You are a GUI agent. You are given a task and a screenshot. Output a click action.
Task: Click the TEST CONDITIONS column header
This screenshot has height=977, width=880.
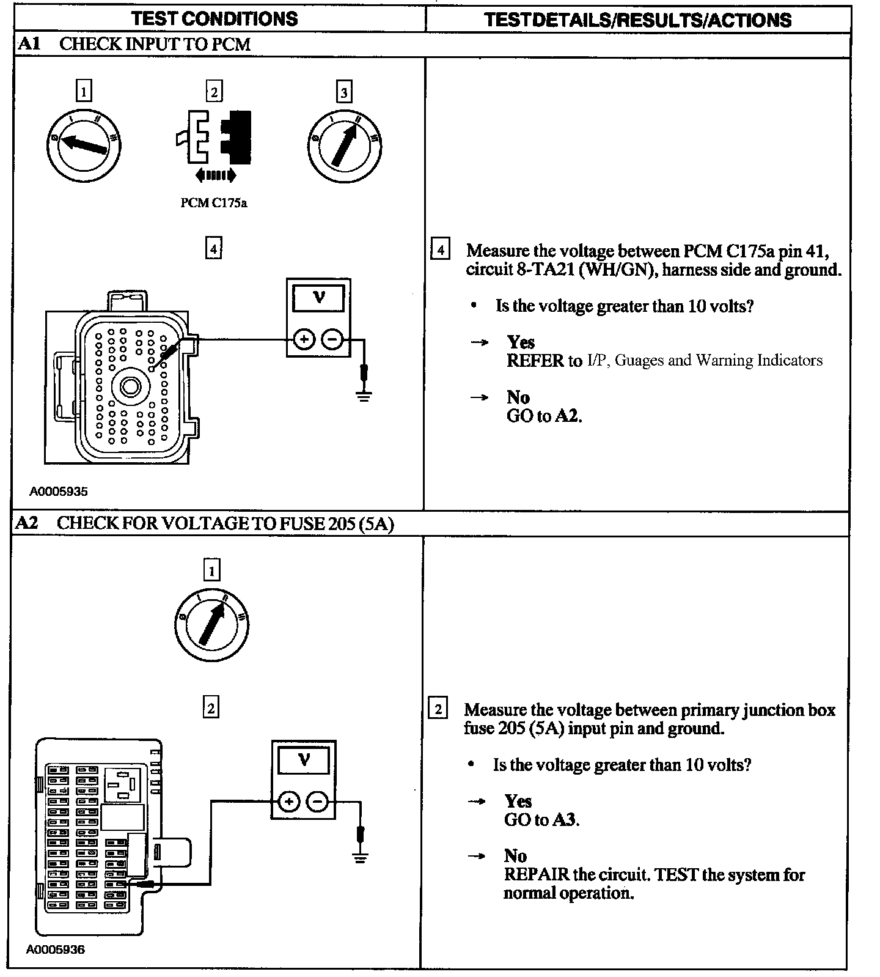(x=215, y=18)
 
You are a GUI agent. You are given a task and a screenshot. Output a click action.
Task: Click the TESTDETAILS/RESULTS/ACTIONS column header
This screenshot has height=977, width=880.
(x=637, y=20)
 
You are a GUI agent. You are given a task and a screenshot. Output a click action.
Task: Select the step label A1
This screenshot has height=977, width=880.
(x=29, y=44)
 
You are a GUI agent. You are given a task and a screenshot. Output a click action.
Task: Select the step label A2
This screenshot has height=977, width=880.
(x=27, y=523)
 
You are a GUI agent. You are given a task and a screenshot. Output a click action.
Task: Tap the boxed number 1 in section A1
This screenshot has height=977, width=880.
(x=83, y=92)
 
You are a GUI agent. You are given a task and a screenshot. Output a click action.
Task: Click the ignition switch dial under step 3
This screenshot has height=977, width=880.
(x=344, y=146)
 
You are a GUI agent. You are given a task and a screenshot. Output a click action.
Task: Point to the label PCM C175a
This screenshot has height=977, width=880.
(x=213, y=202)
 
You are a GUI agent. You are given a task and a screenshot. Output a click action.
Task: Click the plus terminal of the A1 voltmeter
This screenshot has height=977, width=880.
(x=304, y=339)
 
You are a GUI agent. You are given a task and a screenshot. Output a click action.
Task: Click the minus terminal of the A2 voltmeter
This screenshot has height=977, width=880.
(x=317, y=802)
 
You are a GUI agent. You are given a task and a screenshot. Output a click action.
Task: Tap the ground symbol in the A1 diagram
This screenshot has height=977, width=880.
(x=364, y=396)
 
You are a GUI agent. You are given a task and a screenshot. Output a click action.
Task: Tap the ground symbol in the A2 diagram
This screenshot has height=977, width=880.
(x=361, y=858)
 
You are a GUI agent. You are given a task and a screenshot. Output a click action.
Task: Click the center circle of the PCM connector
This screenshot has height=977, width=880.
(x=130, y=386)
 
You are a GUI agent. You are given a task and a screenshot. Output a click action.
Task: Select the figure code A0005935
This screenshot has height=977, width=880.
(x=58, y=491)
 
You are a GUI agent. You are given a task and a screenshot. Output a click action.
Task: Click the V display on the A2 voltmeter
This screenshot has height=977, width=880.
(x=303, y=761)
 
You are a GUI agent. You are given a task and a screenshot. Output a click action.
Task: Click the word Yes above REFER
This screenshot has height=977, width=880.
(x=520, y=342)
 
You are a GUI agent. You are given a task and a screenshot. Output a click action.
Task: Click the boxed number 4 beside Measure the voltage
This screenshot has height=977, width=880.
(x=440, y=250)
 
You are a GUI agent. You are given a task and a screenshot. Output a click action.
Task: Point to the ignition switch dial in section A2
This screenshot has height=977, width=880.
(x=211, y=625)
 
